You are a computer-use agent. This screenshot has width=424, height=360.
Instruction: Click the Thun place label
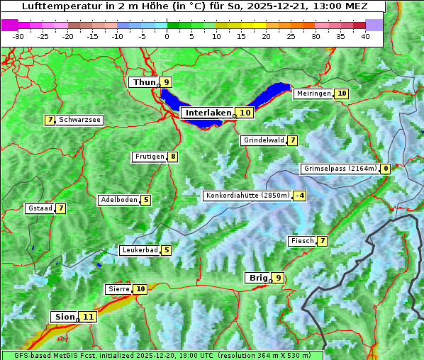pyautogui.click(x=144, y=83)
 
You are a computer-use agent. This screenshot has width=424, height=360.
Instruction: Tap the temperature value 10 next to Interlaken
pyautogui.click(x=245, y=113)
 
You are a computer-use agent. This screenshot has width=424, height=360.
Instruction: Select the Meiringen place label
pyautogui.click(x=313, y=94)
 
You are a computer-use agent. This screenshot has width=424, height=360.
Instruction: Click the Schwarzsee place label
pyautogui.click(x=79, y=120)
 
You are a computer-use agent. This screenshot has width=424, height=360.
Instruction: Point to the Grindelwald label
pyautogui.click(x=264, y=140)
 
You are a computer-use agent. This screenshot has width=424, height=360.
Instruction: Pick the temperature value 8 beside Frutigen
pyautogui.click(x=172, y=157)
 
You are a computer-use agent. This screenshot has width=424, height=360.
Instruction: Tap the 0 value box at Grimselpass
pyautogui.click(x=385, y=169)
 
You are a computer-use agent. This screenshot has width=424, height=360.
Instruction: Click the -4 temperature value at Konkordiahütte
pyautogui.click(x=300, y=196)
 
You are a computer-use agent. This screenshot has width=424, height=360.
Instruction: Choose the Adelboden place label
pyautogui.click(x=118, y=200)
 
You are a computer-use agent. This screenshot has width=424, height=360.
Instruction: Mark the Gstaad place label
pyautogui.click(x=40, y=208)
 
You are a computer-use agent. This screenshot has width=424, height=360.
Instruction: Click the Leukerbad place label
pyautogui.click(x=139, y=250)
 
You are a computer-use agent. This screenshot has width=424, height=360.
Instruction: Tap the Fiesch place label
pyautogui.click(x=302, y=241)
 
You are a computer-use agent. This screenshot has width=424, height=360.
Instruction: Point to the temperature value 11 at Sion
pyautogui.click(x=87, y=317)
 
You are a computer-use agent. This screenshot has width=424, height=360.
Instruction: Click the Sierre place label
pyautogui.click(x=118, y=289)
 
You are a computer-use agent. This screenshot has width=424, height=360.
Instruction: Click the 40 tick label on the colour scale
pyautogui.click(x=365, y=35)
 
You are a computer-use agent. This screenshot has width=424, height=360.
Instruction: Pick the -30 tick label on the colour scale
pyautogui.click(x=18, y=35)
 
